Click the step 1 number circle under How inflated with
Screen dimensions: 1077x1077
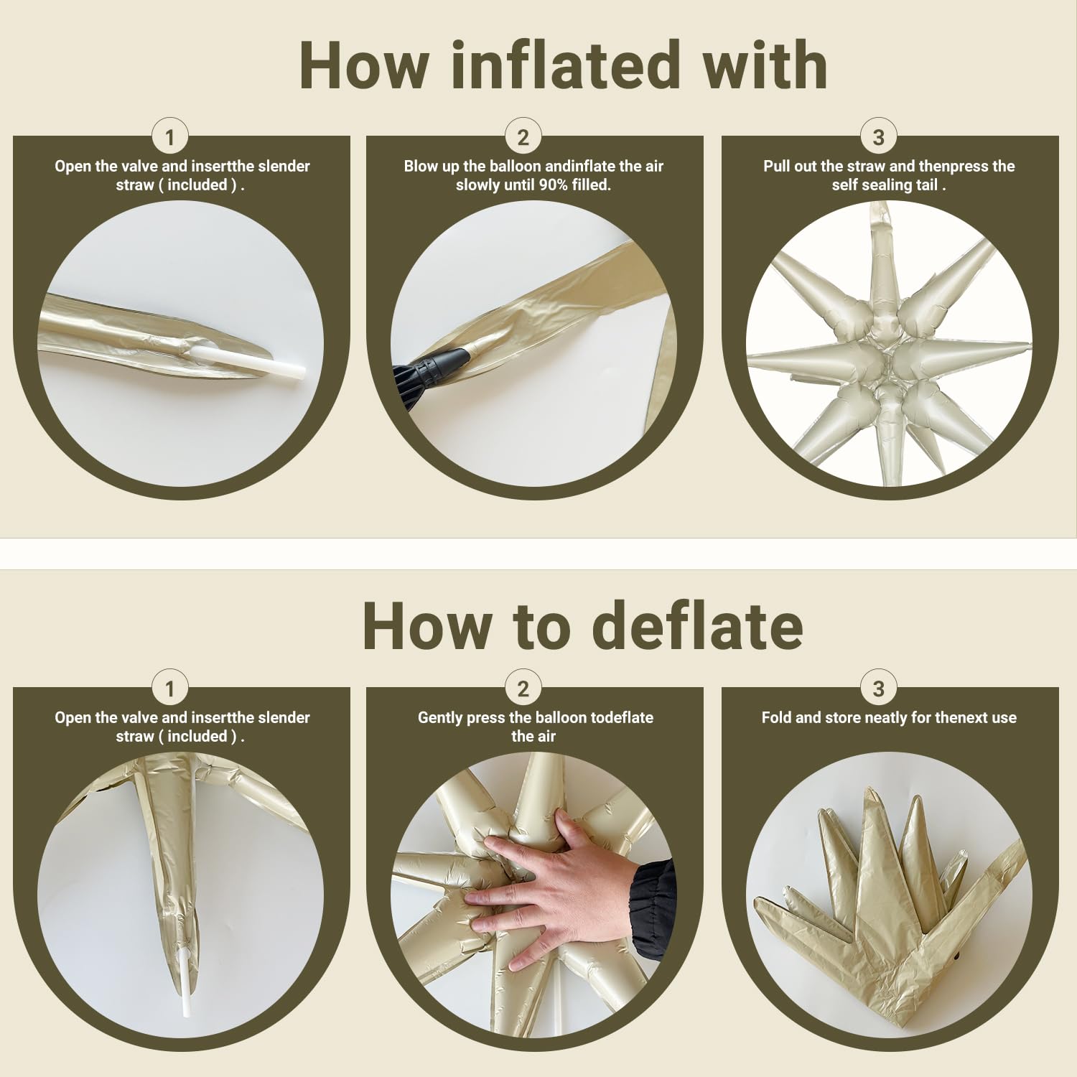click(169, 136)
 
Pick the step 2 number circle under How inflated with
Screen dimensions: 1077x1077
click(523, 136)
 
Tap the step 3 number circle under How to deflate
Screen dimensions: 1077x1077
click(878, 689)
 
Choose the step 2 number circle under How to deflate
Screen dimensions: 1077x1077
click(523, 689)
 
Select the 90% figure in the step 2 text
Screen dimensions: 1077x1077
click(553, 185)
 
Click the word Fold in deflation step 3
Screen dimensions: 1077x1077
click(776, 717)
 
